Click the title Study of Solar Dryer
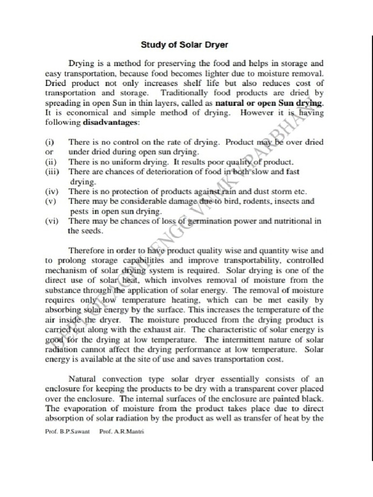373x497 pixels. pos(184,45)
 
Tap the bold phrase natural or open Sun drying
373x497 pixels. pos(269,103)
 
